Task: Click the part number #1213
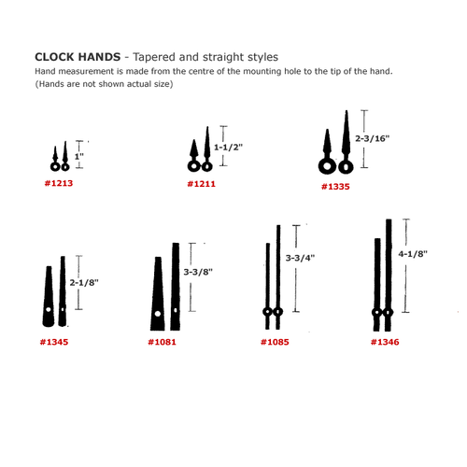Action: [x=58, y=184]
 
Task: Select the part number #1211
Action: [x=202, y=184]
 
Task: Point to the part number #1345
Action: [x=54, y=342]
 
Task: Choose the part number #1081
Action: [x=162, y=342]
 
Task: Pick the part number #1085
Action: [x=275, y=342]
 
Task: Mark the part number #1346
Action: [x=384, y=342]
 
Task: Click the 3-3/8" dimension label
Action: [x=198, y=272]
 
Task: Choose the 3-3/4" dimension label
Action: [x=300, y=257]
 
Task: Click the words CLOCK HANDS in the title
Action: [x=76, y=57]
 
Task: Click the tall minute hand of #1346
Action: [x=389, y=271]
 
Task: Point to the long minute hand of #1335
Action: [x=348, y=140]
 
